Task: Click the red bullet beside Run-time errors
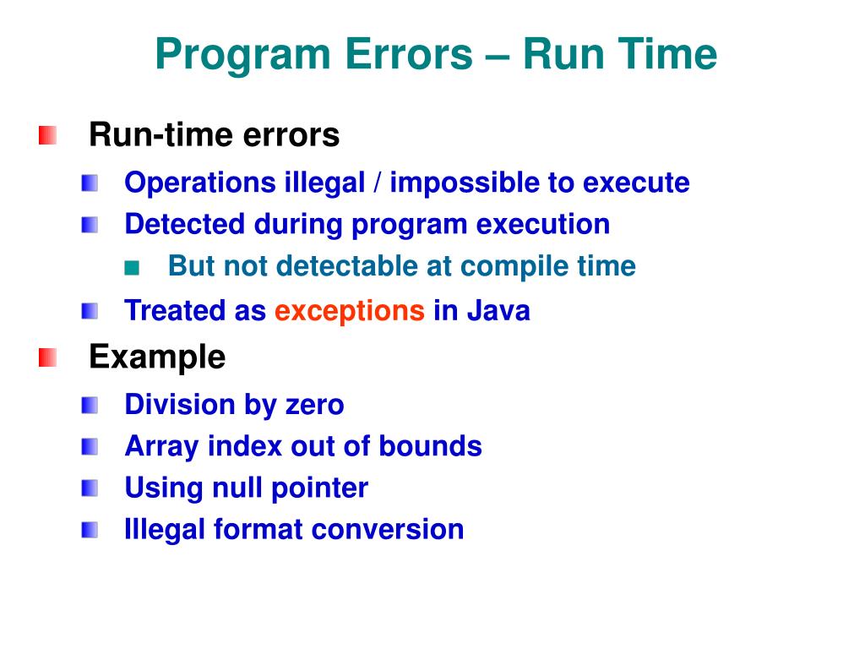click(x=48, y=135)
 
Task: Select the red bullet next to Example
click(x=48, y=358)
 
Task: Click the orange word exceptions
click(x=350, y=311)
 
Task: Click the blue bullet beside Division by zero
click(x=90, y=406)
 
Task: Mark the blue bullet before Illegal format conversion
click(x=90, y=531)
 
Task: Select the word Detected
click(x=173, y=225)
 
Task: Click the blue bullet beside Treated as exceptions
click(x=90, y=312)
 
